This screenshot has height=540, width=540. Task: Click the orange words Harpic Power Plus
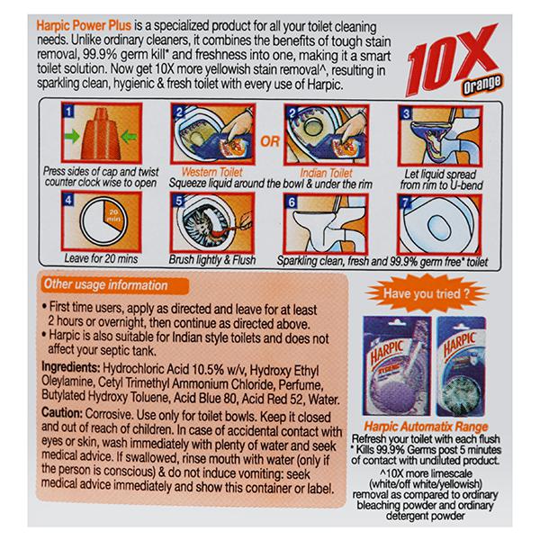[x=84, y=26]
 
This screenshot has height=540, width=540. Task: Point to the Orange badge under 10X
[x=482, y=85]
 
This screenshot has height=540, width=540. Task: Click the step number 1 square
[x=69, y=111]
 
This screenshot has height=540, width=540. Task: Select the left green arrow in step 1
[x=72, y=137]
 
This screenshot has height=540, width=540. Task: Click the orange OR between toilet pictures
[x=270, y=141]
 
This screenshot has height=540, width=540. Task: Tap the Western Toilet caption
[x=211, y=172]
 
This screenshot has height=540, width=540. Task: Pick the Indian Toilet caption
[x=326, y=173]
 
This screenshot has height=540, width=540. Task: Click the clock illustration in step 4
[x=103, y=220]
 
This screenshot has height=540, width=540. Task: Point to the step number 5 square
[x=178, y=200]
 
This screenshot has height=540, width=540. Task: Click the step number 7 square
[x=405, y=202]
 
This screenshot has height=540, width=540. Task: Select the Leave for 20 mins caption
[x=101, y=258]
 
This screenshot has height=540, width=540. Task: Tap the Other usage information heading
[x=105, y=284]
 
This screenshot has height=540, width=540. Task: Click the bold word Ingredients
[x=70, y=367]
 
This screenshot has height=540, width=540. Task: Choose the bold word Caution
[x=62, y=413]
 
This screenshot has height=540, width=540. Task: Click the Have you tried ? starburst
[x=427, y=293]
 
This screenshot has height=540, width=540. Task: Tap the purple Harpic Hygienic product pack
[x=397, y=366]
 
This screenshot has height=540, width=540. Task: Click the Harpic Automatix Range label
[x=426, y=427]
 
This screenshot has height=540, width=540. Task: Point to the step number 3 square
[x=407, y=113]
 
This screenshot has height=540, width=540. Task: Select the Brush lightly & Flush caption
[x=212, y=260]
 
